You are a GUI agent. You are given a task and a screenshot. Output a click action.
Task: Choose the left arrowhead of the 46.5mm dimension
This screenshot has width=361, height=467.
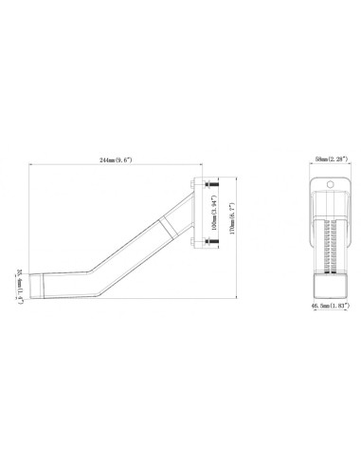coord(309,302)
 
